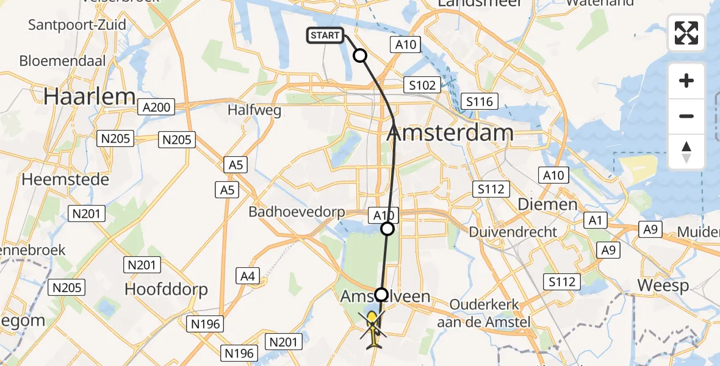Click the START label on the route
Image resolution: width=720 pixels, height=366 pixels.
[325, 35]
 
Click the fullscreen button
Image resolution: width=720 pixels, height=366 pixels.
[686, 33]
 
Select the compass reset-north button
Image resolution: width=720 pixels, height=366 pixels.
[686, 152]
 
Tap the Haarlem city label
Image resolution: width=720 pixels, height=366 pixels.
[89, 96]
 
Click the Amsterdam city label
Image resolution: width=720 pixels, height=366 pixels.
[450, 132]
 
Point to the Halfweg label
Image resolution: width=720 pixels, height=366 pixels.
[254, 110]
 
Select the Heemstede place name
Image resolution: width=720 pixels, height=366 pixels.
[66, 180]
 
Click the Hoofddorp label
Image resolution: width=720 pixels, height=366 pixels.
[167, 289]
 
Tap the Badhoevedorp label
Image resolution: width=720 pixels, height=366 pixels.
[297, 212]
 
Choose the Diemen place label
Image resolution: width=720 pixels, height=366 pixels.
[547, 204]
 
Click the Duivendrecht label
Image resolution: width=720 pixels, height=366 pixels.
[513, 232]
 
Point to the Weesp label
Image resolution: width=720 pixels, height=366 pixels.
[663, 285]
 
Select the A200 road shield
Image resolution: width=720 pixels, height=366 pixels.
[156, 107]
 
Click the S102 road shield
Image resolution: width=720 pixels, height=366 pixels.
[422, 85]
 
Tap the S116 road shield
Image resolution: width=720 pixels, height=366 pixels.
[480, 102]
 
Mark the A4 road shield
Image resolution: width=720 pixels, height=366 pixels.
[248, 276]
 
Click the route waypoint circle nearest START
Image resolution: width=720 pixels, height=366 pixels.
[360, 56]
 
